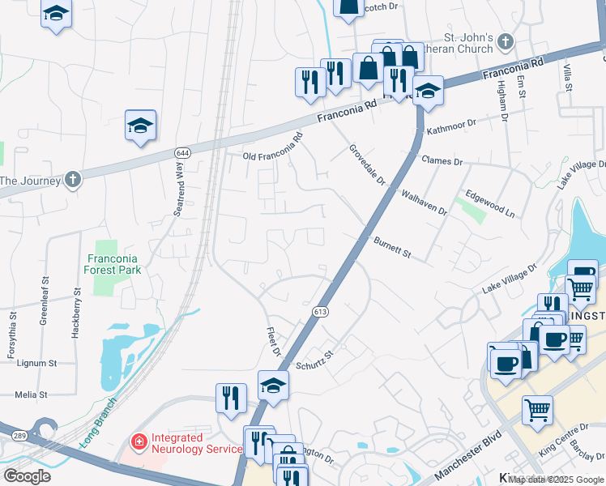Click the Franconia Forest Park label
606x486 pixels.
[x=114, y=264]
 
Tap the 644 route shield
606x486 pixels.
[x=181, y=152]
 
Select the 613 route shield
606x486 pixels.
[x=320, y=311]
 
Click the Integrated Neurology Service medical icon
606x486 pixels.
[x=139, y=442]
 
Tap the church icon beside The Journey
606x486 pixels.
[x=73, y=179]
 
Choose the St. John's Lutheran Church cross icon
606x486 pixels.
[x=506, y=40]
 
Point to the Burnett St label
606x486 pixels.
[x=394, y=247]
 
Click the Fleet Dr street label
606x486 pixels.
[x=273, y=342]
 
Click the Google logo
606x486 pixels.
[x=27, y=475]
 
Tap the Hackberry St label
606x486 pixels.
[x=78, y=301]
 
